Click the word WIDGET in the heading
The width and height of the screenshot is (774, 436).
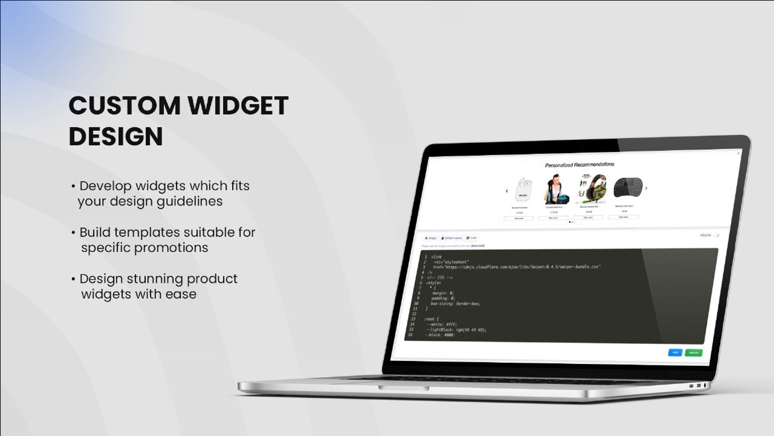coord(238,106)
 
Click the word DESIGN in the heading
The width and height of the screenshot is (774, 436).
coord(116,136)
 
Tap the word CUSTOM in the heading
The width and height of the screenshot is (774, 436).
coord(124,106)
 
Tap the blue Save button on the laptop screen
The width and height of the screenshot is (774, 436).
coord(675,352)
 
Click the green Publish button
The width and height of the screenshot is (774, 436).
coord(693,353)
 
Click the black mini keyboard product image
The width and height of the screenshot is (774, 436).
coord(627,187)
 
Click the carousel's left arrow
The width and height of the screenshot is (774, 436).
coord(506,191)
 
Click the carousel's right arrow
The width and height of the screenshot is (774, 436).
coord(646,188)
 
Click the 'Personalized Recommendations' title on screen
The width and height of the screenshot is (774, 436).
coord(580,165)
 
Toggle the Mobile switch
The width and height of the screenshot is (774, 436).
coord(716,235)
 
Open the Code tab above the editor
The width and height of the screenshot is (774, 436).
coord(472,238)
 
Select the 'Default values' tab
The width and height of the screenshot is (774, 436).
coord(452,238)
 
